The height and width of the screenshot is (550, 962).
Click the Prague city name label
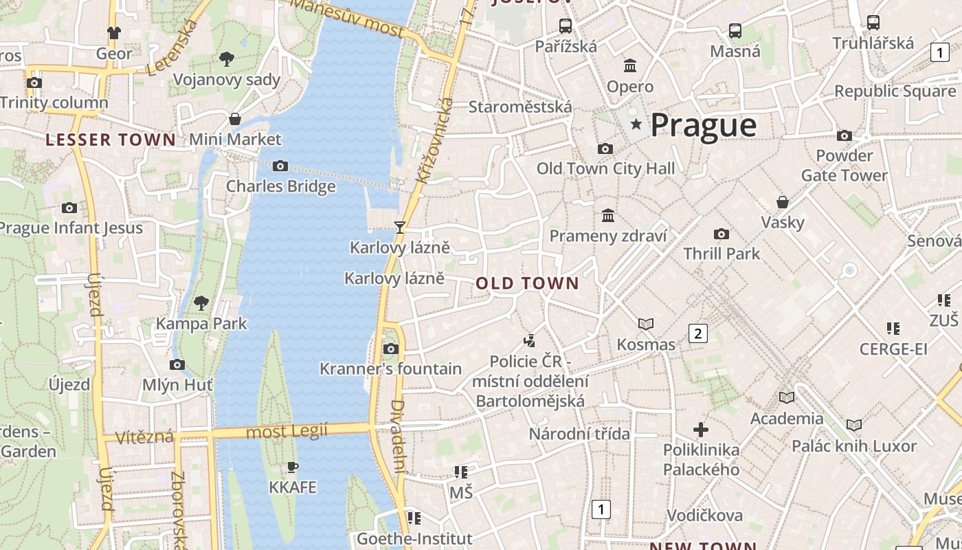click(x=703, y=125)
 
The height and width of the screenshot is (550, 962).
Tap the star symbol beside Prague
click(x=636, y=124)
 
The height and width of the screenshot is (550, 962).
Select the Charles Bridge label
click(x=281, y=186)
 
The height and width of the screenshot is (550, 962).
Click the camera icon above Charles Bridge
click(x=280, y=166)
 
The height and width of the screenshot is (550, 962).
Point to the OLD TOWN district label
click(x=527, y=283)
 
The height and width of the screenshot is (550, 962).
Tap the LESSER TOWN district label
click(x=111, y=140)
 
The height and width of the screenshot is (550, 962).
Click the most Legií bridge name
click(x=287, y=432)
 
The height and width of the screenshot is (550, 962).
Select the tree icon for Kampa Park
click(x=201, y=302)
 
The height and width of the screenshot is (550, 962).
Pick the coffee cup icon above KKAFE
click(x=293, y=467)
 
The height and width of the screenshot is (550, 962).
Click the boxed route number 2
click(x=698, y=334)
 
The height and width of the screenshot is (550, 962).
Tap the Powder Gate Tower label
click(x=844, y=166)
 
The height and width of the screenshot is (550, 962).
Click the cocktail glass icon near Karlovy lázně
click(x=399, y=227)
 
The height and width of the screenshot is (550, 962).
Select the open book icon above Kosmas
click(x=646, y=324)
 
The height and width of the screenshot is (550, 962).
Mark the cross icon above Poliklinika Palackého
click(x=701, y=430)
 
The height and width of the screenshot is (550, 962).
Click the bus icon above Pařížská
click(x=566, y=26)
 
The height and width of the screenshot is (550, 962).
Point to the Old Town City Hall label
click(x=605, y=168)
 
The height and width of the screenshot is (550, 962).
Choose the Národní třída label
click(x=579, y=434)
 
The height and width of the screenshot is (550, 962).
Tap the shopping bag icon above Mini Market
click(x=235, y=119)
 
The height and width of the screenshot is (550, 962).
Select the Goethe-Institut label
click(x=414, y=538)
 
